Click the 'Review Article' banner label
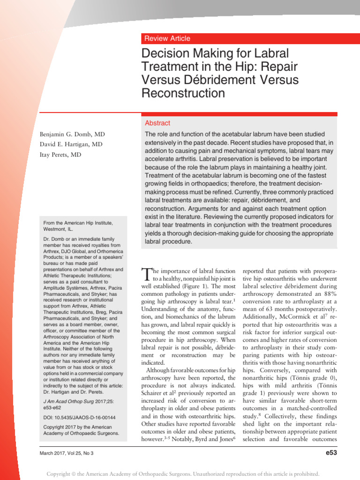167,38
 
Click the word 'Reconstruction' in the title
183,93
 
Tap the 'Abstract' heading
157,123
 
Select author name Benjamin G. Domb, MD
72,134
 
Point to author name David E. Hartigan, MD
71,144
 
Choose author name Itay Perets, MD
60,155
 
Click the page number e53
328,453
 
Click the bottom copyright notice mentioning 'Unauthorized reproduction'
183,474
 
